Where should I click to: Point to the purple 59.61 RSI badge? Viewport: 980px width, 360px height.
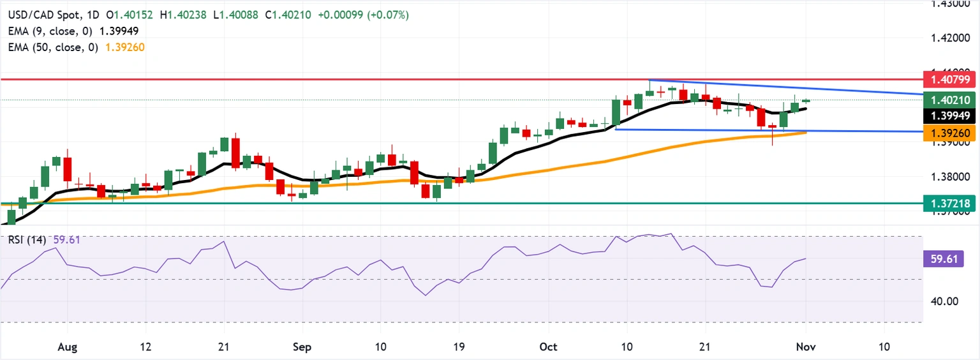(942, 259)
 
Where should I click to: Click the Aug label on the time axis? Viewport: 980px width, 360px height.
(67, 347)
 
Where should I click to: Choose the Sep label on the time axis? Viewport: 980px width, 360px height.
(302, 347)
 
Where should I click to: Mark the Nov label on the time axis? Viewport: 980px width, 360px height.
(806, 347)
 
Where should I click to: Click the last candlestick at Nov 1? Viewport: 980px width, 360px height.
(806, 100)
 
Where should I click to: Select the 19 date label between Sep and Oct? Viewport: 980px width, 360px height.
(457, 347)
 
